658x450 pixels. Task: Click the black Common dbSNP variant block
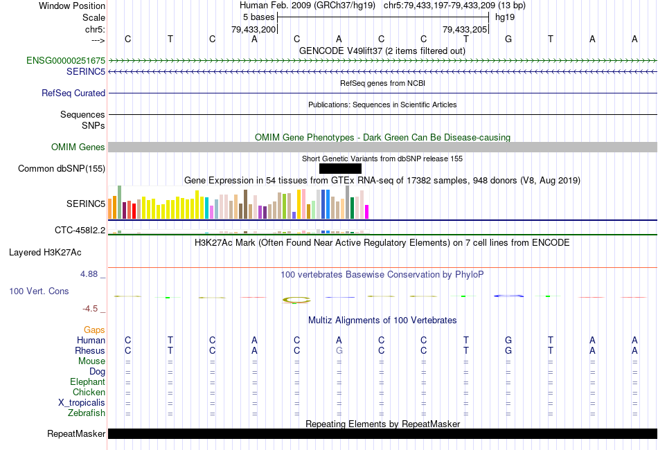[x=340, y=168]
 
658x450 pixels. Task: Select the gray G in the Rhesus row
[x=339, y=350]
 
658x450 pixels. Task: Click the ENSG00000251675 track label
[x=66, y=61]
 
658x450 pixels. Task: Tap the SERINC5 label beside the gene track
[x=86, y=71]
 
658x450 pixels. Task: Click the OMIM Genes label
[x=78, y=147]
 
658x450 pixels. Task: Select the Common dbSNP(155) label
[x=62, y=168]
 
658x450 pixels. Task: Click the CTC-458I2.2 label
[x=80, y=230]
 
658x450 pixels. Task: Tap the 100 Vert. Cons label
[x=39, y=291]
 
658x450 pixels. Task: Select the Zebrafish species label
[x=86, y=413]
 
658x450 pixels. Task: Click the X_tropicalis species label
[x=82, y=403]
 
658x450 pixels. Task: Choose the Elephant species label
[x=87, y=382]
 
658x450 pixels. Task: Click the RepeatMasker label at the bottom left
[x=76, y=434]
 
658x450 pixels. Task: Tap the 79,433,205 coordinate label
[x=465, y=30]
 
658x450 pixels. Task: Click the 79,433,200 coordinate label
[x=254, y=30]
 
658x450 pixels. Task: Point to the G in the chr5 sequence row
[x=508, y=39]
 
